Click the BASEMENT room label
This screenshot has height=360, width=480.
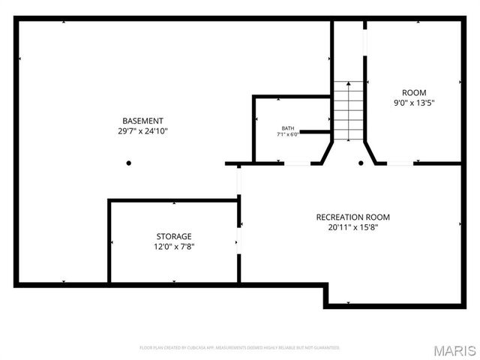pyautogui.click(x=142, y=121)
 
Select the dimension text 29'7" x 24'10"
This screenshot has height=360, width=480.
pyautogui.click(x=142, y=131)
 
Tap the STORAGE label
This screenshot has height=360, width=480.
pyautogui.click(x=173, y=236)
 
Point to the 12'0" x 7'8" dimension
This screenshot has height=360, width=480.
pyautogui.click(x=173, y=246)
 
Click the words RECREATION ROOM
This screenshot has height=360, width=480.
pyautogui.click(x=352, y=217)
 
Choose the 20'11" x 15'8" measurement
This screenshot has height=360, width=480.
pyautogui.click(x=352, y=226)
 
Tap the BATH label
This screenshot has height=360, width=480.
pyautogui.click(x=288, y=128)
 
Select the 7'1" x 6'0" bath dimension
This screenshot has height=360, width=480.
pyautogui.click(x=288, y=135)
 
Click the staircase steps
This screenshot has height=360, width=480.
pyautogui.click(x=347, y=112)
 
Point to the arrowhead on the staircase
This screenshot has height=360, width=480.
pyautogui.click(x=347, y=82)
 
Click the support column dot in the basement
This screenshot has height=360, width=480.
pyautogui.click(x=128, y=163)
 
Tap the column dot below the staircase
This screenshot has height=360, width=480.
pyautogui.click(x=361, y=163)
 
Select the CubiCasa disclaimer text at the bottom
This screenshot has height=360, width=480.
pyautogui.click(x=239, y=348)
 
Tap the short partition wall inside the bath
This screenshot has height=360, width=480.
pyautogui.click(x=314, y=132)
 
